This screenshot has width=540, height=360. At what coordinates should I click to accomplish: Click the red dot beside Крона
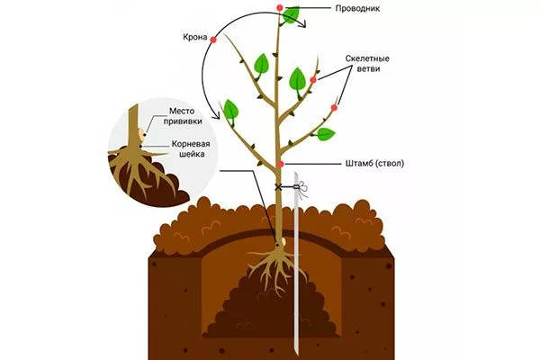pos(213,40)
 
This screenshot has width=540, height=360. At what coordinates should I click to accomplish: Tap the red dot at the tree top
pos(280,9)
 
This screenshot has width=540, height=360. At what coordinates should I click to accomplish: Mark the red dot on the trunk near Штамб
pos(281,164)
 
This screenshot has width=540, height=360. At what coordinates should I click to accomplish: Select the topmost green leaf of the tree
pos(292,15)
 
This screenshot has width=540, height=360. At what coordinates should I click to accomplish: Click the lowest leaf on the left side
pos(231,111)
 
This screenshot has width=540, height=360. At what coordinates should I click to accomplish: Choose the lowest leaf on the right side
pos(325,134)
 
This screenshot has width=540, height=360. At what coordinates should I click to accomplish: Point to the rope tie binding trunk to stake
pos(290,188)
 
